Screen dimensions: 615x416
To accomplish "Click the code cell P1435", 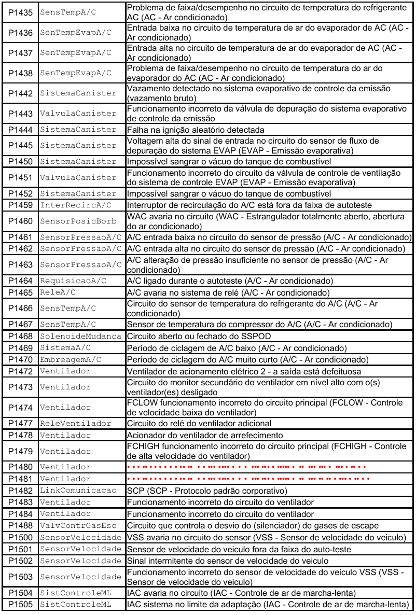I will [21, 12].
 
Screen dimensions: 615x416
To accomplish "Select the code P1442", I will [21, 93].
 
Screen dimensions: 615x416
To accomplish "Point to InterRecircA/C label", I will [76, 205].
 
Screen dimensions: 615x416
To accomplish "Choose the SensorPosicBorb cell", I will [78, 221].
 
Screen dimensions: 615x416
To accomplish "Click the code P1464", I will [21, 281].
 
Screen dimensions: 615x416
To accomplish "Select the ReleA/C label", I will [58, 292].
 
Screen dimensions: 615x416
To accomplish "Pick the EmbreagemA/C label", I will [71, 359].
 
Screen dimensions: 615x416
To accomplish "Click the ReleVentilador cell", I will [76, 424].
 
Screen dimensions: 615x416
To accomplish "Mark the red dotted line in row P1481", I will [248, 479].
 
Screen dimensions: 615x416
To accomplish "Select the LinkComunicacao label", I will [78, 491].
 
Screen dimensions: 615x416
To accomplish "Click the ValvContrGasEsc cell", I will [78, 525].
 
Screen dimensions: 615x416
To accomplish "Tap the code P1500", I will [21, 537].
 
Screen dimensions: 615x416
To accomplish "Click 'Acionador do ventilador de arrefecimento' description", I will [205, 435].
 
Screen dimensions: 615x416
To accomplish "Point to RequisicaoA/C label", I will [73, 281].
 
